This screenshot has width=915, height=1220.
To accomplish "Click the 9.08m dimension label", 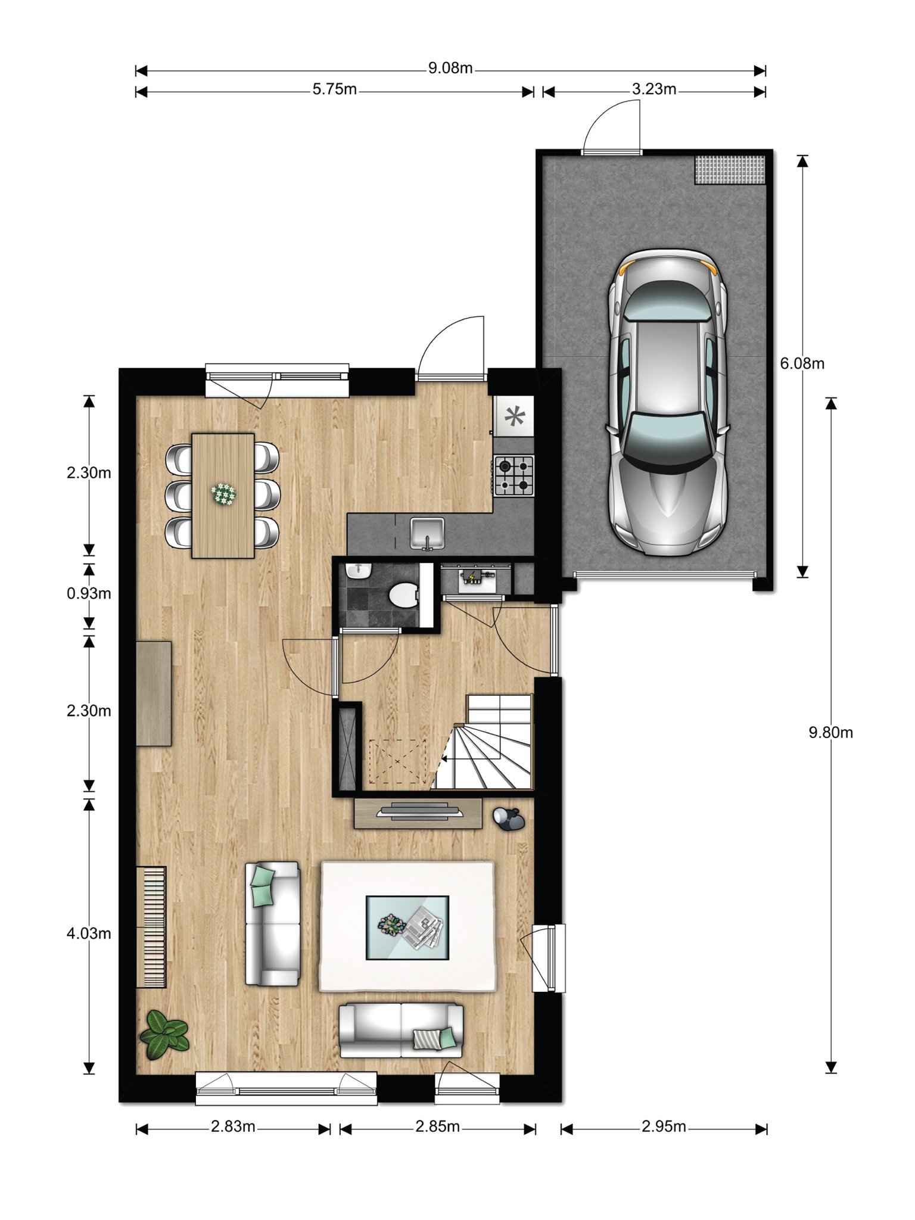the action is pos(450,69).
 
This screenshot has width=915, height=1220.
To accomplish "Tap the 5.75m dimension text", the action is pos(335,89).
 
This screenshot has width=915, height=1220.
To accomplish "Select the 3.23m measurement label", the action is pos(654,89).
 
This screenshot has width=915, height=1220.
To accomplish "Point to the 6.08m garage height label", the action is pos(802,363).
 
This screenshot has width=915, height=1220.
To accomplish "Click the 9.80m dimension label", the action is pos(830,733).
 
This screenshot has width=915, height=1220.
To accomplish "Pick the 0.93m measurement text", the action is pos(89,593).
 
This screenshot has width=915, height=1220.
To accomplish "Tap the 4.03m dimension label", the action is pos(89,933).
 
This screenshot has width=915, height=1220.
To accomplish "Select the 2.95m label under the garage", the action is pos(664,1126).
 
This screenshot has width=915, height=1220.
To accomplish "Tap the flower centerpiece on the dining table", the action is pos(223,494).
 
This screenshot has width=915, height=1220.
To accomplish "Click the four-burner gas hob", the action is pos(514,475).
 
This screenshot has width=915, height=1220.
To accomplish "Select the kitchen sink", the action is pos(427,533).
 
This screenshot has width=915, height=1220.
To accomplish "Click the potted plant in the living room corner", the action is pos(164,1034).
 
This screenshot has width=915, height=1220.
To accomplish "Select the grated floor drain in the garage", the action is pos(730,170).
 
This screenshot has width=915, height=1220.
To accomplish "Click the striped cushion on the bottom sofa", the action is pos(428,1039).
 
